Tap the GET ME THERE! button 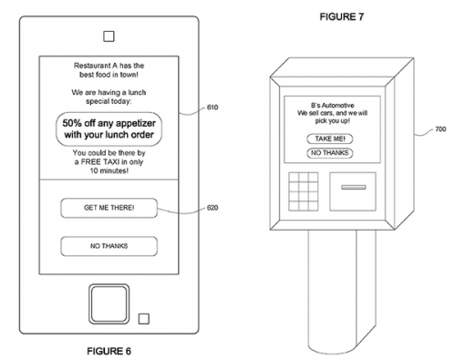(109, 208)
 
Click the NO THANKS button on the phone (109, 245)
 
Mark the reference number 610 (212, 108)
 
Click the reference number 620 (212, 209)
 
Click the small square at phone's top (109, 37)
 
